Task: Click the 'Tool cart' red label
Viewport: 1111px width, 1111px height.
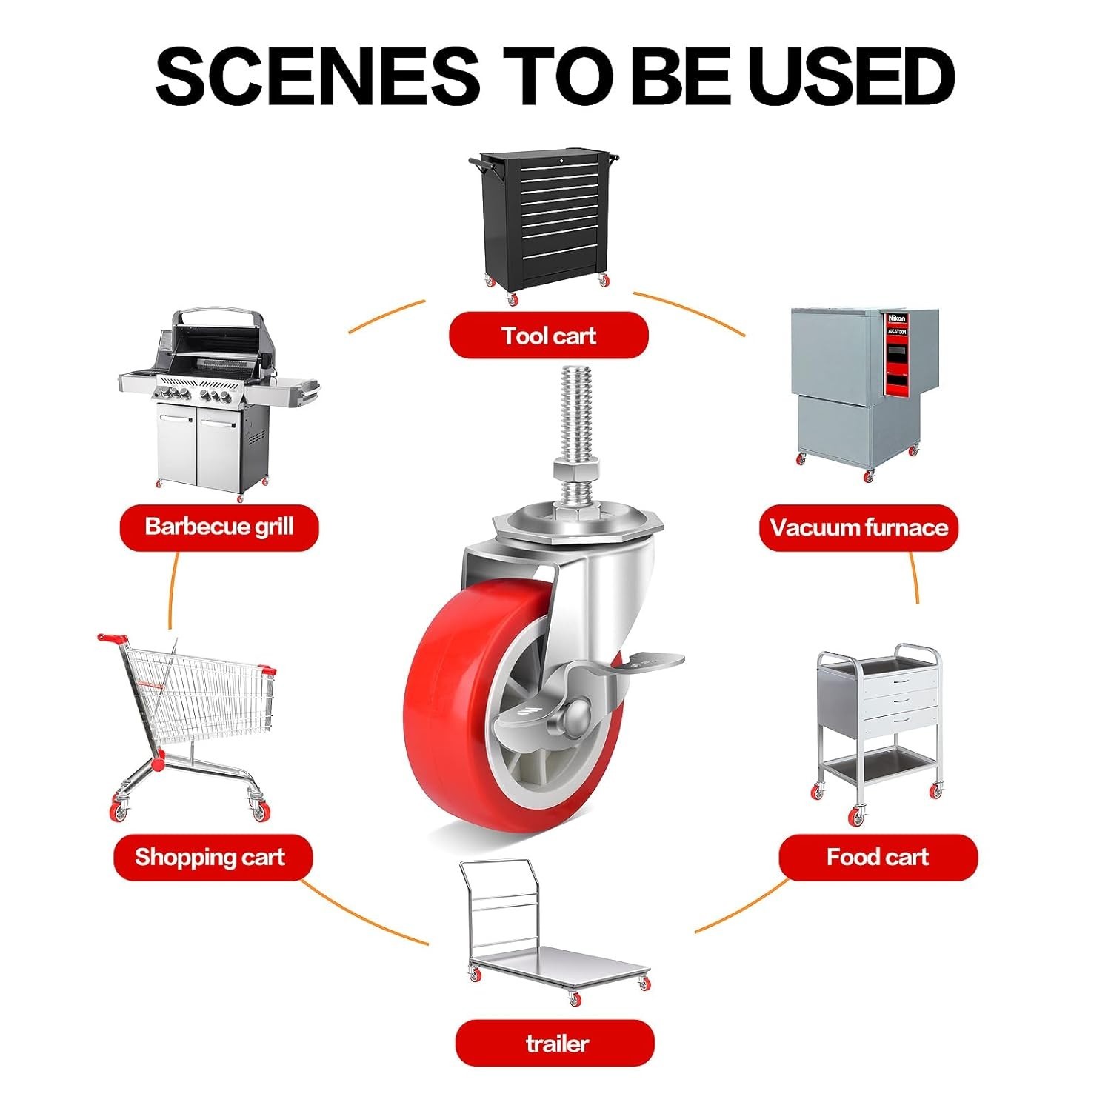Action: [549, 336]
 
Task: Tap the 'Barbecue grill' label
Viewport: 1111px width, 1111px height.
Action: [219, 527]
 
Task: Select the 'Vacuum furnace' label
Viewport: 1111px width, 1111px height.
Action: [858, 527]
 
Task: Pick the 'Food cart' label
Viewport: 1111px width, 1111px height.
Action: [878, 857]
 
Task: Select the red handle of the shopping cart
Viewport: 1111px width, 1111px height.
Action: [111, 638]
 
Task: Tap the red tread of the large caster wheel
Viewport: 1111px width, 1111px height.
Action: [444, 711]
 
